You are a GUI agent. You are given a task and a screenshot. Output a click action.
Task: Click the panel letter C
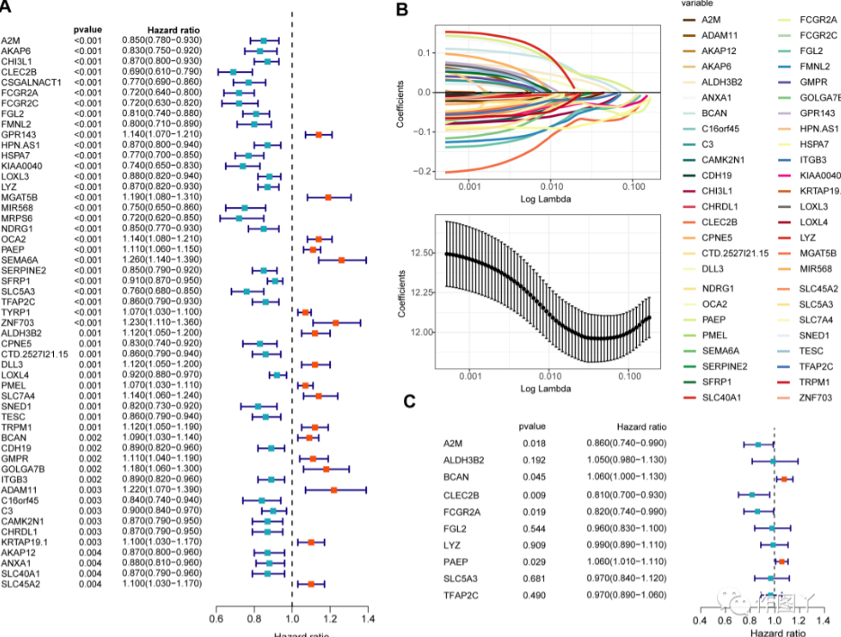[x=409, y=400]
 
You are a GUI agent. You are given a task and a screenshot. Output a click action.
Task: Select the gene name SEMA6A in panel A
[x=17, y=259]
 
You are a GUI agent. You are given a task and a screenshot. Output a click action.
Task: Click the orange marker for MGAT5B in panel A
[x=327, y=196]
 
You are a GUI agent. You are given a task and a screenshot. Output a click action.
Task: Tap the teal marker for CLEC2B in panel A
[x=233, y=71]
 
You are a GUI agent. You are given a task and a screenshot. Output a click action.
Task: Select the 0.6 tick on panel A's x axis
[x=216, y=619]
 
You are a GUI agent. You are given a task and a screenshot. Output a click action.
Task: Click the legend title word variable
[x=699, y=4]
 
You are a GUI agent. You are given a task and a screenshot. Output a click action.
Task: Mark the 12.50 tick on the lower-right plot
[x=423, y=255]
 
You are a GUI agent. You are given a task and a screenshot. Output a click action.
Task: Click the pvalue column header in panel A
[x=87, y=30]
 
